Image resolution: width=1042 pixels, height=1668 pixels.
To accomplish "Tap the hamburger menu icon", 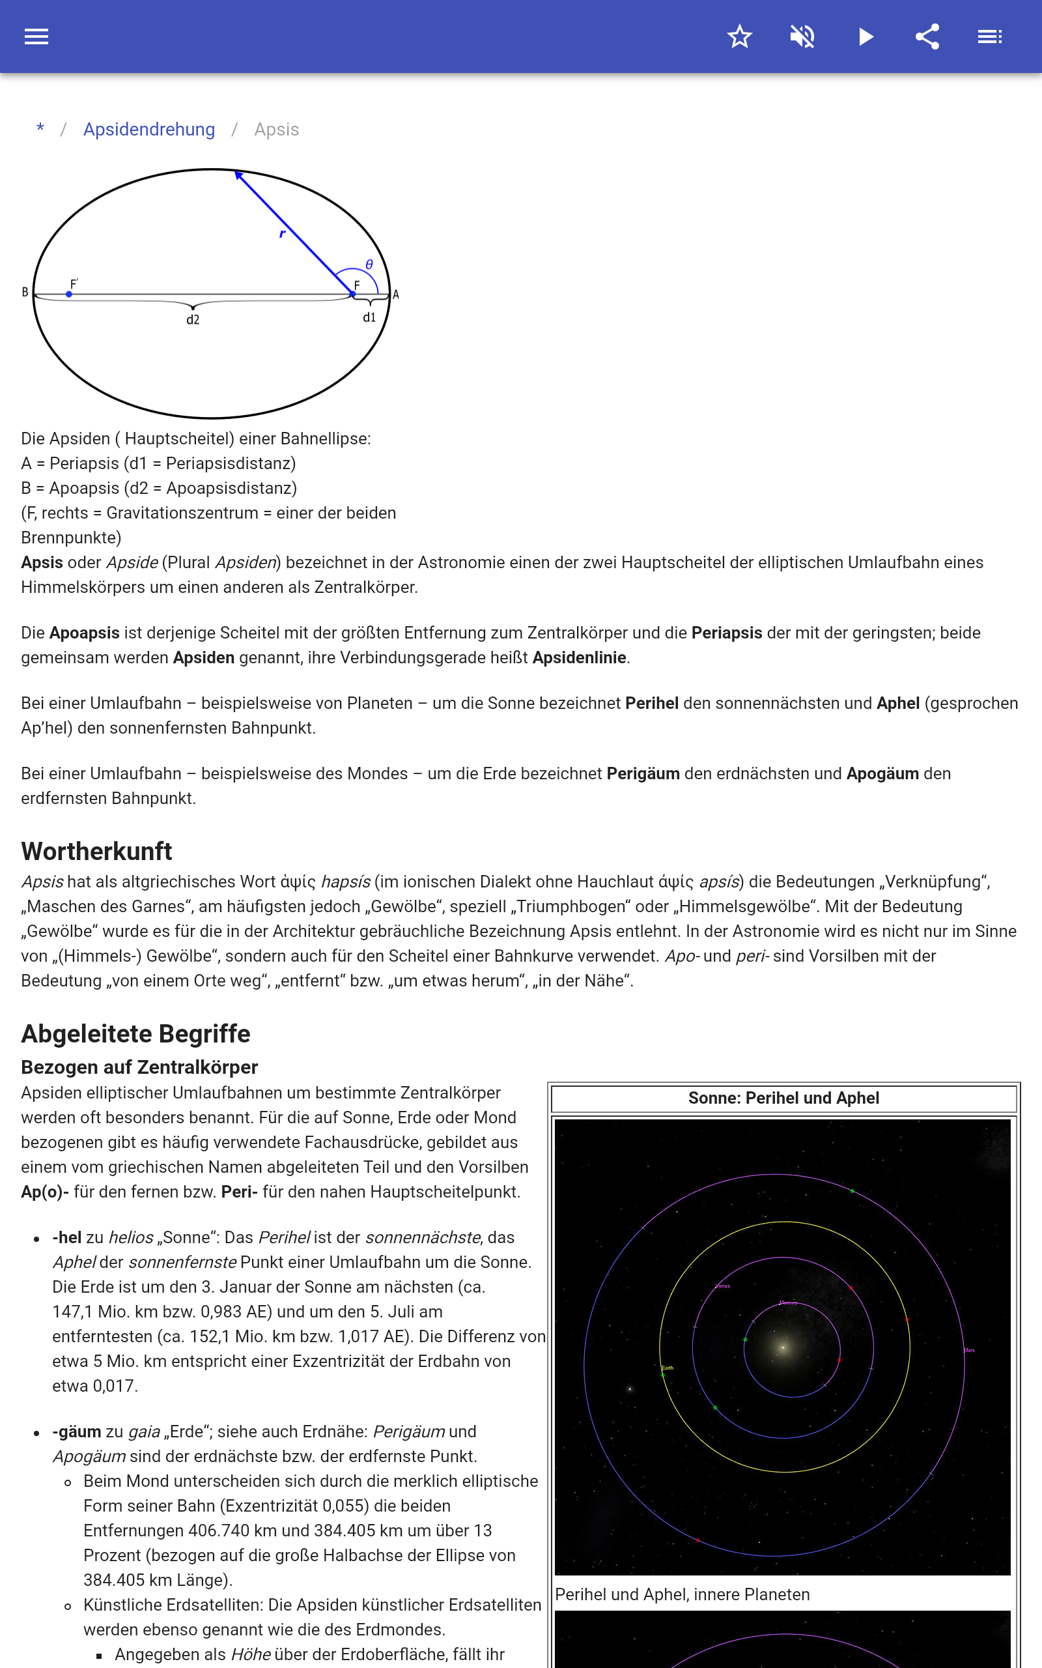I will (36, 36).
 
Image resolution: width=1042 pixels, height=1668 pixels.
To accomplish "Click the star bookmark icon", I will (739, 36).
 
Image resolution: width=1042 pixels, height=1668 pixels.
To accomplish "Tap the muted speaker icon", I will (802, 36).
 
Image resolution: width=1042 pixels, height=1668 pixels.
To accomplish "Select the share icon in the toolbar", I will (927, 36).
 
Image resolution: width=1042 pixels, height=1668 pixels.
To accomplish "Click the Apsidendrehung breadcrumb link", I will (149, 130).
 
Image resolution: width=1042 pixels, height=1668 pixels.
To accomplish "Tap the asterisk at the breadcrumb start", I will (40, 129).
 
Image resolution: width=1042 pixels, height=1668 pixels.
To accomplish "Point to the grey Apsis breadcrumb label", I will (276, 130).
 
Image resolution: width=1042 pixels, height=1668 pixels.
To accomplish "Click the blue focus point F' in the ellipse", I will (69, 295).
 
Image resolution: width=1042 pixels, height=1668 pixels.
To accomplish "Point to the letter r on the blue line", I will (282, 234).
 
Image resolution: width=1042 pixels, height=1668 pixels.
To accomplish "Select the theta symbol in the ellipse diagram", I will (369, 265).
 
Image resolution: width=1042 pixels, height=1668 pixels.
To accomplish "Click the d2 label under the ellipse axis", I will (193, 320).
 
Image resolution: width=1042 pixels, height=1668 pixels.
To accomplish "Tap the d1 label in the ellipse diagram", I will (369, 317).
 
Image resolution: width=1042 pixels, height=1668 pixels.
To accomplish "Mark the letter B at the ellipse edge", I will (25, 293).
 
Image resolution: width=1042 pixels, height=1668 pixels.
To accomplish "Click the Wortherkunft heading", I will (96, 851).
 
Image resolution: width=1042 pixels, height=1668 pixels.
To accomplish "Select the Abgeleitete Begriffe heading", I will (135, 1033).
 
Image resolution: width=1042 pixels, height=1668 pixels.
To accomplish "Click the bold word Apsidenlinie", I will (579, 657).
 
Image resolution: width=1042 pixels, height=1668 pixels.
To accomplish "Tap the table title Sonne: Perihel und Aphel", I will (783, 1098).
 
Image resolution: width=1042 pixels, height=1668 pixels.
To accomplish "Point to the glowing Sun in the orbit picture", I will (782, 1346).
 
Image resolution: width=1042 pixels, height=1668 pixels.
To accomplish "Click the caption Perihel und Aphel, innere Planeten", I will (683, 1594).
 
